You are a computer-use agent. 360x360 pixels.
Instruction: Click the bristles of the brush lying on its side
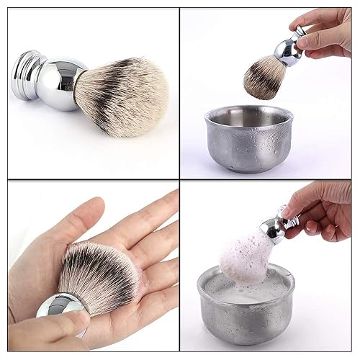coord(130,94)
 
